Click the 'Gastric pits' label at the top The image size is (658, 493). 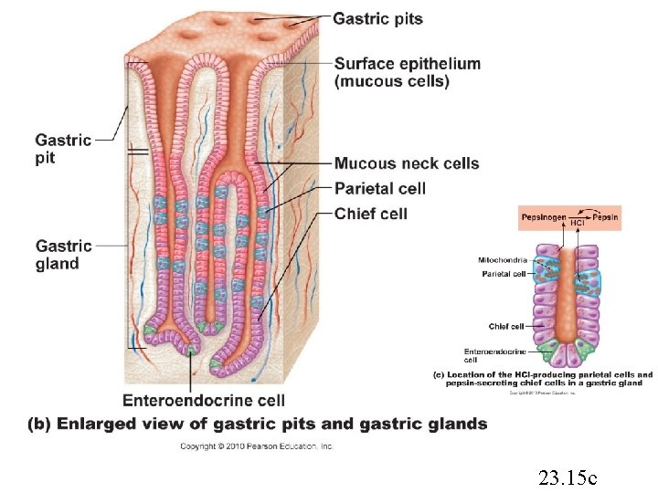(377, 18)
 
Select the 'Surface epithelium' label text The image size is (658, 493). (407, 64)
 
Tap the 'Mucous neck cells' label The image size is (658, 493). (407, 163)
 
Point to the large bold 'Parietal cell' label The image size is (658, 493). (380, 188)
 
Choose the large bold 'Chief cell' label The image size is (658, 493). (370, 214)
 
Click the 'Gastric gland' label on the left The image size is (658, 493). (63, 255)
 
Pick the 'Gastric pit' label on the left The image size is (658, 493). (63, 149)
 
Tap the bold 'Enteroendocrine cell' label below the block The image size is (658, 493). (204, 400)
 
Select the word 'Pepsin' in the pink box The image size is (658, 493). (604, 217)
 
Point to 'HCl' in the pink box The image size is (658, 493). (578, 224)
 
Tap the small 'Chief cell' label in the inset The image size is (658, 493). (505, 326)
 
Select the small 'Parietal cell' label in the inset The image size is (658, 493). (504, 273)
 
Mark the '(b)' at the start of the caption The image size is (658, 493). (39, 424)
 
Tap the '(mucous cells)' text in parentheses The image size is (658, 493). (392, 81)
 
